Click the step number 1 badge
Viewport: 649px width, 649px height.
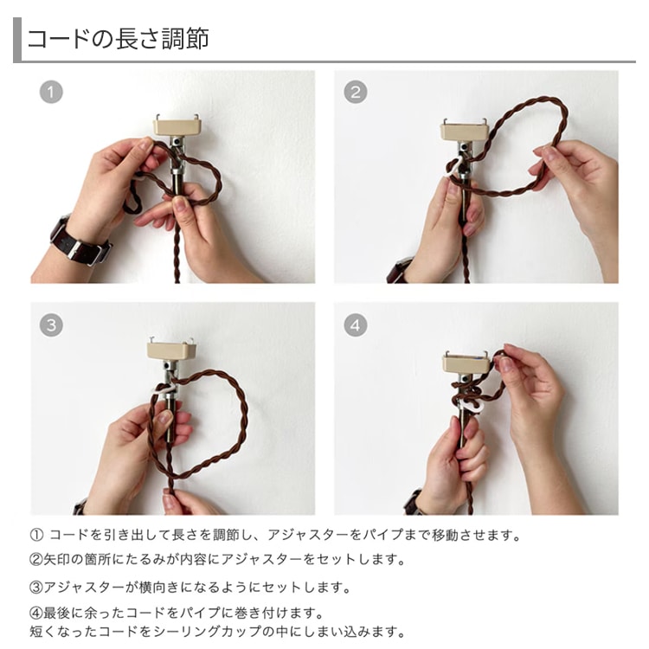pos(51,93)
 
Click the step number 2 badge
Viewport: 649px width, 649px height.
pos(355,92)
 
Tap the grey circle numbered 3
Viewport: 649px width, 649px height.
pos(51,324)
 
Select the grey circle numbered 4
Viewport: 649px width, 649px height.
pos(355,324)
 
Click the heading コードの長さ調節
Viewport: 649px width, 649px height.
pos(118,39)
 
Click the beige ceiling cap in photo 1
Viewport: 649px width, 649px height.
pos(178,126)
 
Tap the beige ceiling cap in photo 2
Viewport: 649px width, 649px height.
pos(466,131)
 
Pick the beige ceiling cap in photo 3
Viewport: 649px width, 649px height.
pos(172,350)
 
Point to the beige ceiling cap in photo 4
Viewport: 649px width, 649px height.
pos(469,363)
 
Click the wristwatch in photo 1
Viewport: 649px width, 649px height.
pos(80,241)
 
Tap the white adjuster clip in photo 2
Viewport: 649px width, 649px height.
pos(455,166)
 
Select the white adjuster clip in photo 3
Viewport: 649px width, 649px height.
pos(164,389)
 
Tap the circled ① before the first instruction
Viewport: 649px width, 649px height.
pos(36,535)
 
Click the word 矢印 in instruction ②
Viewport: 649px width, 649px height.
pos(57,560)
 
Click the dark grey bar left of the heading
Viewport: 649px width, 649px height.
pos(17,40)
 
